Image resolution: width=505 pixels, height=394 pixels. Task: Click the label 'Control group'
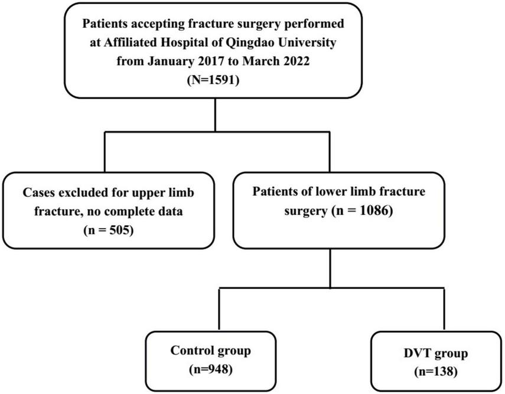pyautogui.click(x=210, y=351)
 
